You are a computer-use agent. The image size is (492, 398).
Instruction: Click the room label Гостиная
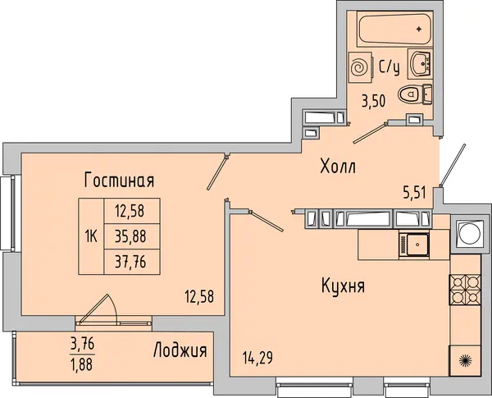(x=119, y=181)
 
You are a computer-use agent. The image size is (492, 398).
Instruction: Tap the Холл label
(x=338, y=166)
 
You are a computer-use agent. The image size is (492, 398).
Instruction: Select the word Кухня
(x=343, y=286)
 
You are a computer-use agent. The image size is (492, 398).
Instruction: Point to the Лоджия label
(x=180, y=350)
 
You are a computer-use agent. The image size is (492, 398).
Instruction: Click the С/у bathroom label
(x=389, y=67)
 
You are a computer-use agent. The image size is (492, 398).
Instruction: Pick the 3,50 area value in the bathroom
(x=373, y=101)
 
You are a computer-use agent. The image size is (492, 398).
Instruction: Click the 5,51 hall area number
(x=414, y=192)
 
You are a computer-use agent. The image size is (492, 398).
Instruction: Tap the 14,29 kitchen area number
(x=257, y=358)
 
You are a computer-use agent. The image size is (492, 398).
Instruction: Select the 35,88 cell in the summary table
(x=132, y=236)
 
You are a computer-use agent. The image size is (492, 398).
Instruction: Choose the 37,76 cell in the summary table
(x=132, y=262)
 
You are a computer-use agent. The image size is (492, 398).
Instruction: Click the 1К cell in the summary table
(x=91, y=236)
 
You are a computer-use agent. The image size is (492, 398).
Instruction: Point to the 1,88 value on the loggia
(x=82, y=364)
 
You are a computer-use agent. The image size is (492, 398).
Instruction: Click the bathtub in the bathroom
(x=395, y=28)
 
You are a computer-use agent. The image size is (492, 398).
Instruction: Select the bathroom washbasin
(x=420, y=64)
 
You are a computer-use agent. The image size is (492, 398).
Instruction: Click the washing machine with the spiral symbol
(x=360, y=67)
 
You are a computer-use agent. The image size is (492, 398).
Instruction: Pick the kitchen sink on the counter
(x=414, y=245)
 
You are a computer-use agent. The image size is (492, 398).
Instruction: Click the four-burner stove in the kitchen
(x=465, y=290)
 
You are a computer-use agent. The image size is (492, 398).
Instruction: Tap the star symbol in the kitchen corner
(x=465, y=360)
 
